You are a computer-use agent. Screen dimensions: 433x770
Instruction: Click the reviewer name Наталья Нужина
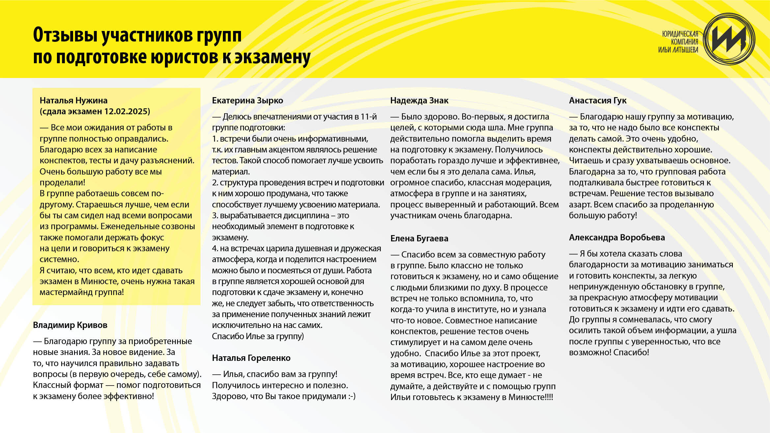point(73,100)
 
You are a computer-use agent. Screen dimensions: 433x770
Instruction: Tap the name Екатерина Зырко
point(247,100)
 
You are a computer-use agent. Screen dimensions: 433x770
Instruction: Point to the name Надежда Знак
point(419,100)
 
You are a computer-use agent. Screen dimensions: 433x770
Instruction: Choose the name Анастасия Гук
point(597,100)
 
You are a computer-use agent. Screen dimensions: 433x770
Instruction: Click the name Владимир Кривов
point(70,325)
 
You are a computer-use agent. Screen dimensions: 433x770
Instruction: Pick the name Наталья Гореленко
point(251,358)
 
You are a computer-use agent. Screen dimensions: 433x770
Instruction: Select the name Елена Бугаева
point(419,238)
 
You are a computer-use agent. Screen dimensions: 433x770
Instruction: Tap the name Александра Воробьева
point(617,237)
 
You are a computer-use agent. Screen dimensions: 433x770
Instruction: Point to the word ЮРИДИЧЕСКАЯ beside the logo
point(680,34)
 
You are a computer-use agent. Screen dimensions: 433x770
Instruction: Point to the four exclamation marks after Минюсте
point(549,397)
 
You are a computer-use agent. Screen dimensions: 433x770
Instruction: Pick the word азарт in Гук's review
point(579,204)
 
